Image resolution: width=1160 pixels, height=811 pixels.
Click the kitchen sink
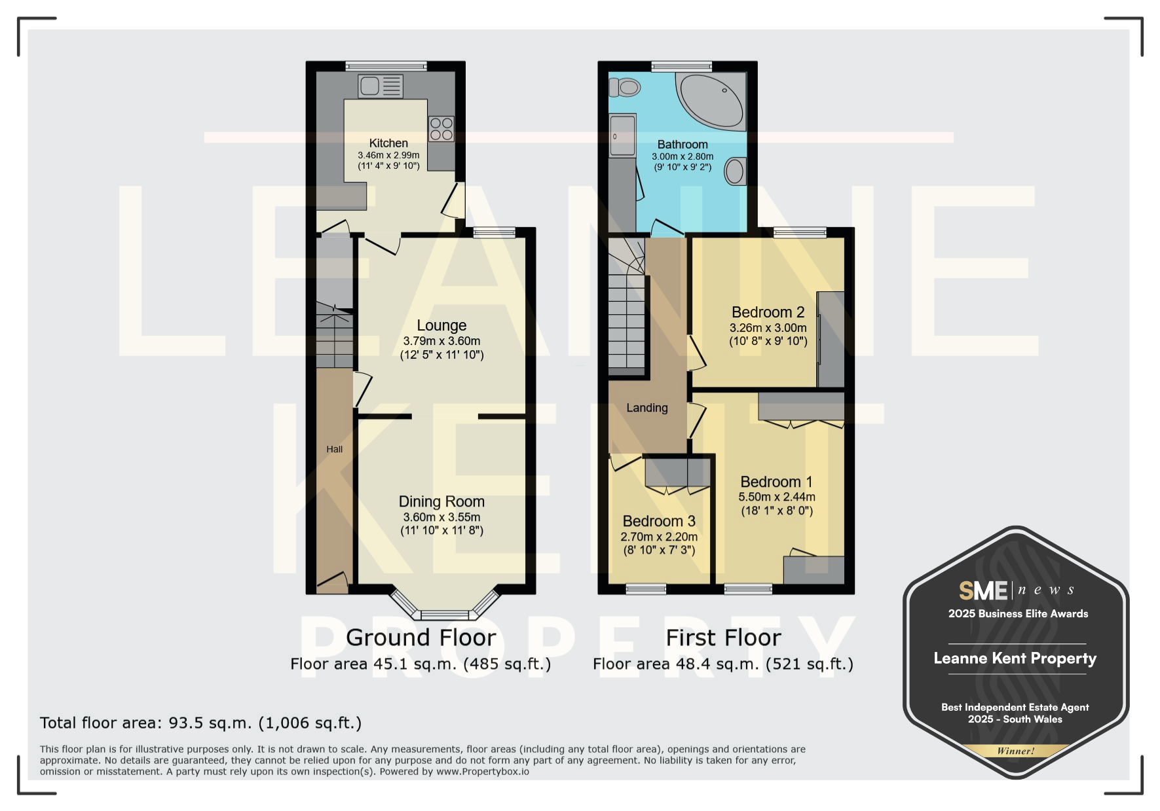coord(381,86)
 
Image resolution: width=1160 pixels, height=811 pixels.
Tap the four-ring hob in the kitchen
coord(441,129)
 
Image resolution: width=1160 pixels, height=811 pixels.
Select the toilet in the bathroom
coord(624,87)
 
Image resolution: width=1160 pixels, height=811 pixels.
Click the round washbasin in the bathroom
coord(735,171)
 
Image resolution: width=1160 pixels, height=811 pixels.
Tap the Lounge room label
coord(441,325)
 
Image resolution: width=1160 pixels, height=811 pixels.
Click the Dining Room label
coord(441,501)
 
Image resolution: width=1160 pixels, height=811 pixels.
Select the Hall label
coord(335,449)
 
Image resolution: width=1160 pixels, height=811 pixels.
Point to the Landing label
coord(647,408)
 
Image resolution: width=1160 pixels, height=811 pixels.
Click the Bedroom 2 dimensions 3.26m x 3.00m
coord(768,328)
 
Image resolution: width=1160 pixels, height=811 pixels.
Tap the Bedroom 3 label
coord(659,521)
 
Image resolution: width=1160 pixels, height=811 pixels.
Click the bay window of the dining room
coord(445,605)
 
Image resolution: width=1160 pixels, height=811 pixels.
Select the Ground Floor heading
coord(421,638)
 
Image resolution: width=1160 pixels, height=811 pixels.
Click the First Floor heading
coord(723,638)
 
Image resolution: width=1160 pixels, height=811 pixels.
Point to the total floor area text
coord(200,723)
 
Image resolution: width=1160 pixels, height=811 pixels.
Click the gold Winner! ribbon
coord(1016,751)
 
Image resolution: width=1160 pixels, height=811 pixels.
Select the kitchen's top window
coord(386,65)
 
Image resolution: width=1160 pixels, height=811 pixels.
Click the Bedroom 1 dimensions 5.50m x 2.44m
coord(777,497)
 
